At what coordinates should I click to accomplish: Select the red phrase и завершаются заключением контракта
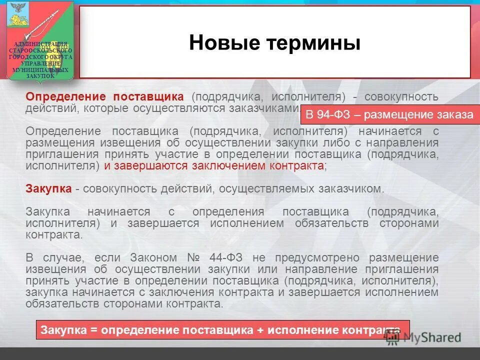[214, 165]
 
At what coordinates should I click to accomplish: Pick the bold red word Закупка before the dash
[49, 189]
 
